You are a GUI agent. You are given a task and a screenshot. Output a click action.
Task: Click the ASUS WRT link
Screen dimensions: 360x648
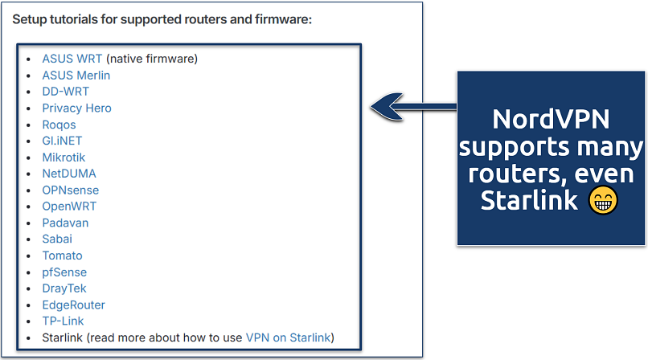tap(72, 59)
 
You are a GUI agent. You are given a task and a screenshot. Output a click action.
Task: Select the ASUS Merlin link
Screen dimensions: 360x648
tap(76, 75)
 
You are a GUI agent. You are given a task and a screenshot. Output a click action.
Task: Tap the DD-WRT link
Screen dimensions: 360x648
tap(66, 92)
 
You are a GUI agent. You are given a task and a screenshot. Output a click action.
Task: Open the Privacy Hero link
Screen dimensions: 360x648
tap(77, 108)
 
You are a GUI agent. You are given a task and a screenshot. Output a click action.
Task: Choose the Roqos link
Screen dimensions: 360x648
tap(59, 125)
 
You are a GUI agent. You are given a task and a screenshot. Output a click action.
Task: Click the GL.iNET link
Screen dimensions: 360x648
tap(62, 141)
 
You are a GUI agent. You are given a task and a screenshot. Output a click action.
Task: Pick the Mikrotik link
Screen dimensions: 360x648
tap(64, 157)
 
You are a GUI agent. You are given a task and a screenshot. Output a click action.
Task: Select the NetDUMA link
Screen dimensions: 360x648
tap(69, 174)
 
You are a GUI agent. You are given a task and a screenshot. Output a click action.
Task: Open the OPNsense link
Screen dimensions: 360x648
tap(71, 190)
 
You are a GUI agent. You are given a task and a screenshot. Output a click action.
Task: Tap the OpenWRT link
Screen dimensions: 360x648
tap(69, 207)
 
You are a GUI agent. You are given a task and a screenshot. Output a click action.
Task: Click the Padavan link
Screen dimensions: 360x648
tap(65, 223)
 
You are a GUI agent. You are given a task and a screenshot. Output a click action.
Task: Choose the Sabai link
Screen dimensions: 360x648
tap(58, 239)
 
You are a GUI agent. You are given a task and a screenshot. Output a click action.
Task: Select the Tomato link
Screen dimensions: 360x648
tap(62, 256)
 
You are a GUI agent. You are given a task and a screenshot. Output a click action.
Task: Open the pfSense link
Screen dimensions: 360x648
tap(64, 272)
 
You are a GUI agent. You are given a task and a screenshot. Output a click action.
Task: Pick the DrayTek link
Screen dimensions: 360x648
tap(64, 288)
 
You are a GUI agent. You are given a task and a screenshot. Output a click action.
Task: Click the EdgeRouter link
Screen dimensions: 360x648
tap(74, 305)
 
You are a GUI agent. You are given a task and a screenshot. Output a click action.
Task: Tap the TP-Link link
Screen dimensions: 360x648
tap(63, 321)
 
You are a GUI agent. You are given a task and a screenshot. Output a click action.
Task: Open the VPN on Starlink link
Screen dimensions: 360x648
tap(289, 337)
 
